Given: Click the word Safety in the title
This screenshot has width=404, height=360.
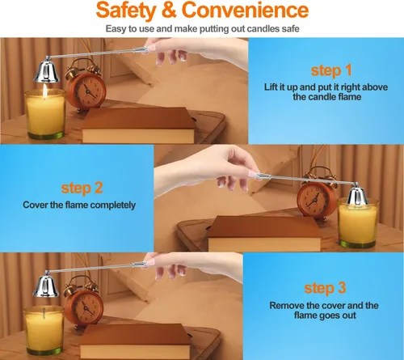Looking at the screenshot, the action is [x=126, y=11].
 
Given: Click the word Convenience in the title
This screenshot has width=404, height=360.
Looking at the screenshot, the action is [x=245, y=10].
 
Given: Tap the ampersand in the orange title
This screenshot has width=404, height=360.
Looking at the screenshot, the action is [x=169, y=10].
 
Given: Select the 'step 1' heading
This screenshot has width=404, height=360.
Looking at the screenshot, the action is [x=331, y=70].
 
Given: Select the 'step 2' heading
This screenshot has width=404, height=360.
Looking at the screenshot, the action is [x=82, y=188].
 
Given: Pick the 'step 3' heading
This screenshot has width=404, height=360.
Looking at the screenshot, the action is [x=325, y=288].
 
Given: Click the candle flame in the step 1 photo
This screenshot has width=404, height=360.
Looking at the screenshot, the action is [x=45, y=90].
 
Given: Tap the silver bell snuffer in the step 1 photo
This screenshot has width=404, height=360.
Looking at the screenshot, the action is [x=46, y=71].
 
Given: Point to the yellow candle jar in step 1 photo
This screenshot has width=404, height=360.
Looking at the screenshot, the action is [x=45, y=114].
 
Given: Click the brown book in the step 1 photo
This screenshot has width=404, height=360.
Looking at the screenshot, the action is [x=138, y=125].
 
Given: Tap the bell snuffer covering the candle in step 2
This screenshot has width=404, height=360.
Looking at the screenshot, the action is [x=358, y=196].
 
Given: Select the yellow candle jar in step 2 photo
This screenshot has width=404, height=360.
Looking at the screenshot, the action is [x=358, y=223].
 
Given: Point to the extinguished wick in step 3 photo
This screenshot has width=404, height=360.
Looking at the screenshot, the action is [x=44, y=312].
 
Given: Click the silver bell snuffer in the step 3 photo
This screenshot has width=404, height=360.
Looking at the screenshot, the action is [x=45, y=287].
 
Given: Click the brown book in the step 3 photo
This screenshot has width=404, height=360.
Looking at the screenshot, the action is [x=135, y=341].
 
